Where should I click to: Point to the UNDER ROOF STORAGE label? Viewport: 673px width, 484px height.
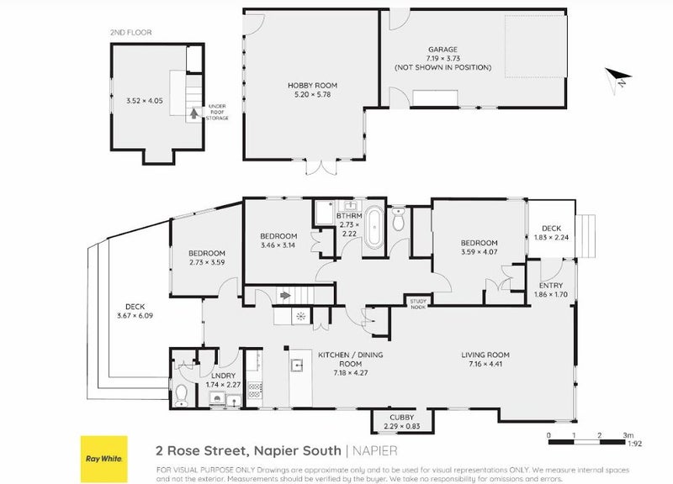(x=218, y=113)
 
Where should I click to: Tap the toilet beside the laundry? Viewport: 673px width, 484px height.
(x=182, y=391)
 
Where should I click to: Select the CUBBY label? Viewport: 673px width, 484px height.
(x=402, y=416)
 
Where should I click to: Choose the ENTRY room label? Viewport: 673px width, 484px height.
(x=552, y=286)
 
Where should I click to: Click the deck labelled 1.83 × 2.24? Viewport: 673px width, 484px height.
(x=551, y=231)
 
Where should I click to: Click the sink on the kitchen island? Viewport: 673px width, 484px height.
(x=297, y=366)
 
